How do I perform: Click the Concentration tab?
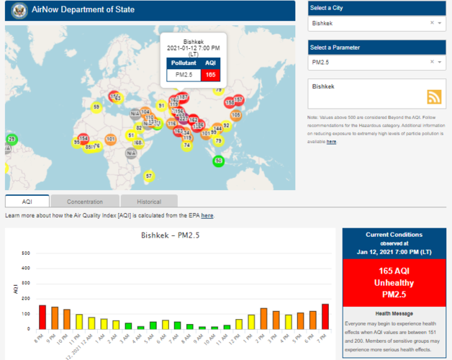coord(86,202)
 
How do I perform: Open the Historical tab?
coord(148,202)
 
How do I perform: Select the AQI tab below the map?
coord(27,202)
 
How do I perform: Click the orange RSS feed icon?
coord(434,97)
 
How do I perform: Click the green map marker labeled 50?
coord(219,161)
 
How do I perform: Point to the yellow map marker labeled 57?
coord(148,176)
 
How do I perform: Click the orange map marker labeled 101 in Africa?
coord(111,139)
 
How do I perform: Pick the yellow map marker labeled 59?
coord(96,107)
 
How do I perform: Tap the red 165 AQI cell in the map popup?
coord(210,74)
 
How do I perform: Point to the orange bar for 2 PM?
coord(263,318)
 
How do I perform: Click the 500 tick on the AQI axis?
coord(26,253)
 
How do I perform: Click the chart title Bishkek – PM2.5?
coord(171,236)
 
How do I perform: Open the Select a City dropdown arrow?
coord(440,23)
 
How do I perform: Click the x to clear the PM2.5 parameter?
coord(432,63)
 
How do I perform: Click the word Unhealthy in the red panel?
coord(394,283)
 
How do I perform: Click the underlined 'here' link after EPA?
coord(207,215)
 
